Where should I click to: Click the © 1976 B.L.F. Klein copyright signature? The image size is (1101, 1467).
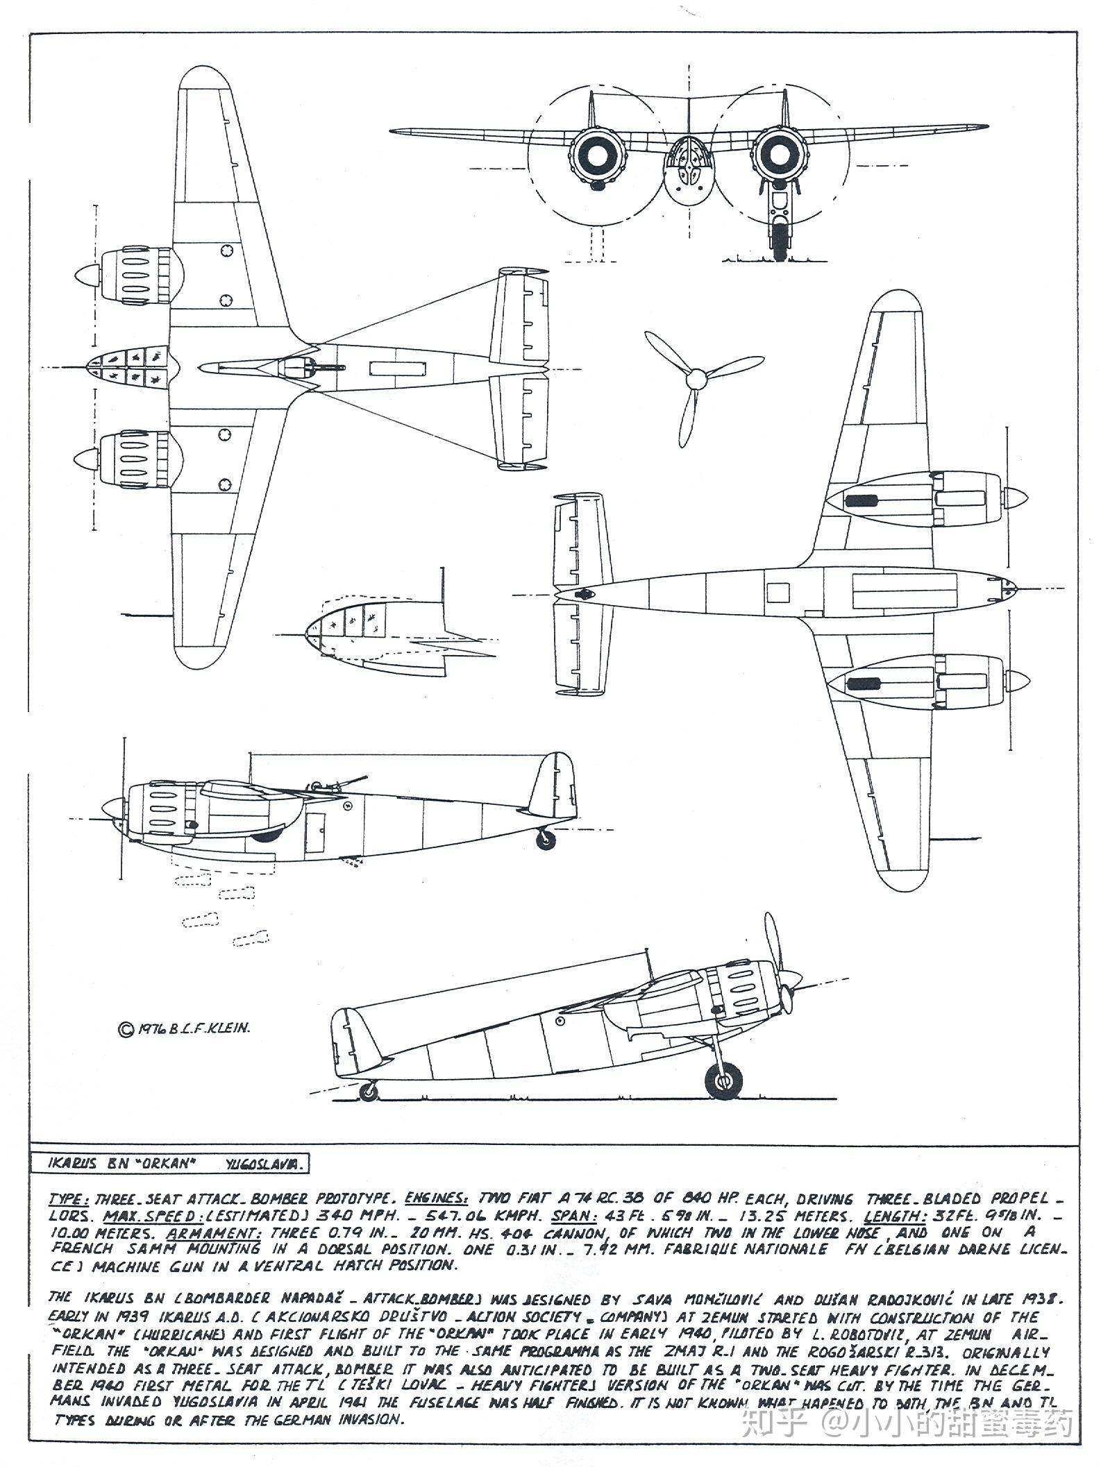[184, 1029]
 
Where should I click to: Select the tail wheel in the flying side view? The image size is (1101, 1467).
[547, 840]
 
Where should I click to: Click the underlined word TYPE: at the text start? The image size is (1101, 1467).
[69, 1199]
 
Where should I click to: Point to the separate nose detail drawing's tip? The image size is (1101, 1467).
[307, 634]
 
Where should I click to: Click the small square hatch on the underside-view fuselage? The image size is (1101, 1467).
[778, 592]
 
